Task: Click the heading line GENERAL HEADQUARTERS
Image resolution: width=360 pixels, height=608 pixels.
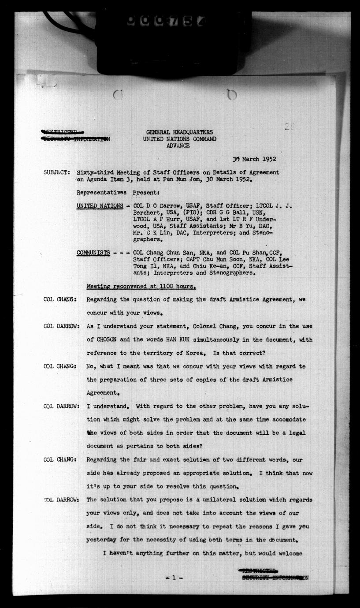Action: [x=179, y=132]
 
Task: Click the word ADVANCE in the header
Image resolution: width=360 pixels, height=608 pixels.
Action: [x=178, y=145]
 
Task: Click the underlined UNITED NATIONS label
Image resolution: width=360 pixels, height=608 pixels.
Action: [x=100, y=206]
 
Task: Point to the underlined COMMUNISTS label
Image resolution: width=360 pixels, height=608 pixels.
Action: [x=93, y=253]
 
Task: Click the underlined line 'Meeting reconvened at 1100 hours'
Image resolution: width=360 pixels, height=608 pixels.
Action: [x=141, y=287]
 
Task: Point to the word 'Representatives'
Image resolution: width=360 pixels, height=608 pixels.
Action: [x=101, y=193]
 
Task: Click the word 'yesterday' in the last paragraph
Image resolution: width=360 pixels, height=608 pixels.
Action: [x=103, y=540]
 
